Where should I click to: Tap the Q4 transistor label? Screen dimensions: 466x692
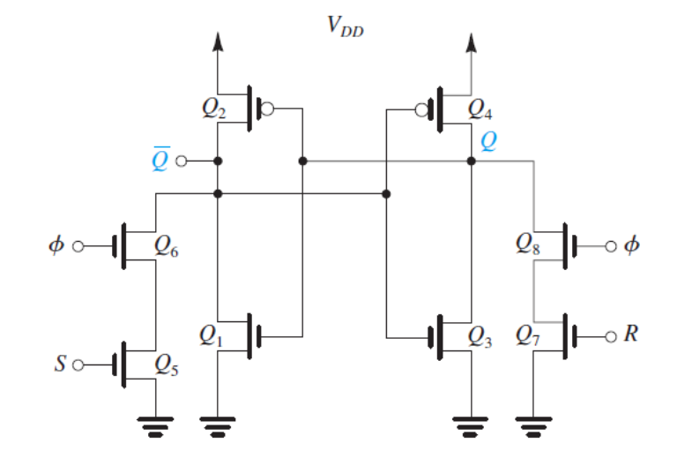click(x=481, y=109)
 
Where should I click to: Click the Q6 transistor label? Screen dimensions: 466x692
click(x=167, y=247)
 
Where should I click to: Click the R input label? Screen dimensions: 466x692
click(x=629, y=335)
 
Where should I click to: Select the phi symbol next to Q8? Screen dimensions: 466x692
click(x=630, y=244)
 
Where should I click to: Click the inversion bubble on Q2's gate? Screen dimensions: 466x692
click(x=268, y=109)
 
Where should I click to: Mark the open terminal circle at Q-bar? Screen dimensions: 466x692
click(x=182, y=162)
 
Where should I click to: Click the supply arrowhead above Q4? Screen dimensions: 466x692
click(x=471, y=41)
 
